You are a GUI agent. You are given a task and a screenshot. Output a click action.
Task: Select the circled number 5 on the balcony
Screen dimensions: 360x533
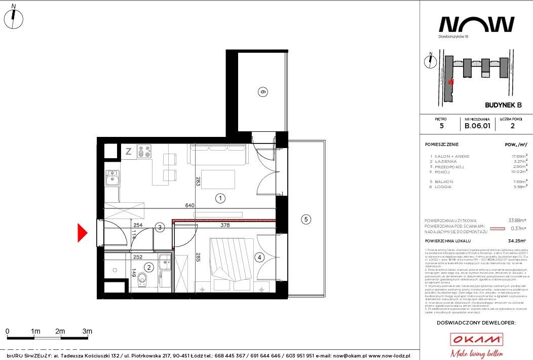pos(305,220)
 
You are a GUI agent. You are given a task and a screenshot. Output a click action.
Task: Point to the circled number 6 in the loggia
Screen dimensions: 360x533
pos(262,92)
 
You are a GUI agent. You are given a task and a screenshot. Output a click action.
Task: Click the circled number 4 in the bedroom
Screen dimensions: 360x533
pos(259,258)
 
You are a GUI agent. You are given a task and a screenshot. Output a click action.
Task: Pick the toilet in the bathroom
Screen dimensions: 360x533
pos(143,277)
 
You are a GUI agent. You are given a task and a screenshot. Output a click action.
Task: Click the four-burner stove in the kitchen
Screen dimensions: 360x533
pos(143,151)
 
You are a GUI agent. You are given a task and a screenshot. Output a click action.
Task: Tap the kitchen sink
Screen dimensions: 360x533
pos(112,177)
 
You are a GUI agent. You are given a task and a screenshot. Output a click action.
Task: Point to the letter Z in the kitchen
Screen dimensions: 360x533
pos(129,151)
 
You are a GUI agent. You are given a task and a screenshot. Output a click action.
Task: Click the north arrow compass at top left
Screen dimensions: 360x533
pos(16,18)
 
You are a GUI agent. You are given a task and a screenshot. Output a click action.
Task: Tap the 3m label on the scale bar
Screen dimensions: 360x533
pos(87,331)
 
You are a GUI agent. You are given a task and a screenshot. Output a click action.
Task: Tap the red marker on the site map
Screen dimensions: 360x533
pos(451,81)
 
